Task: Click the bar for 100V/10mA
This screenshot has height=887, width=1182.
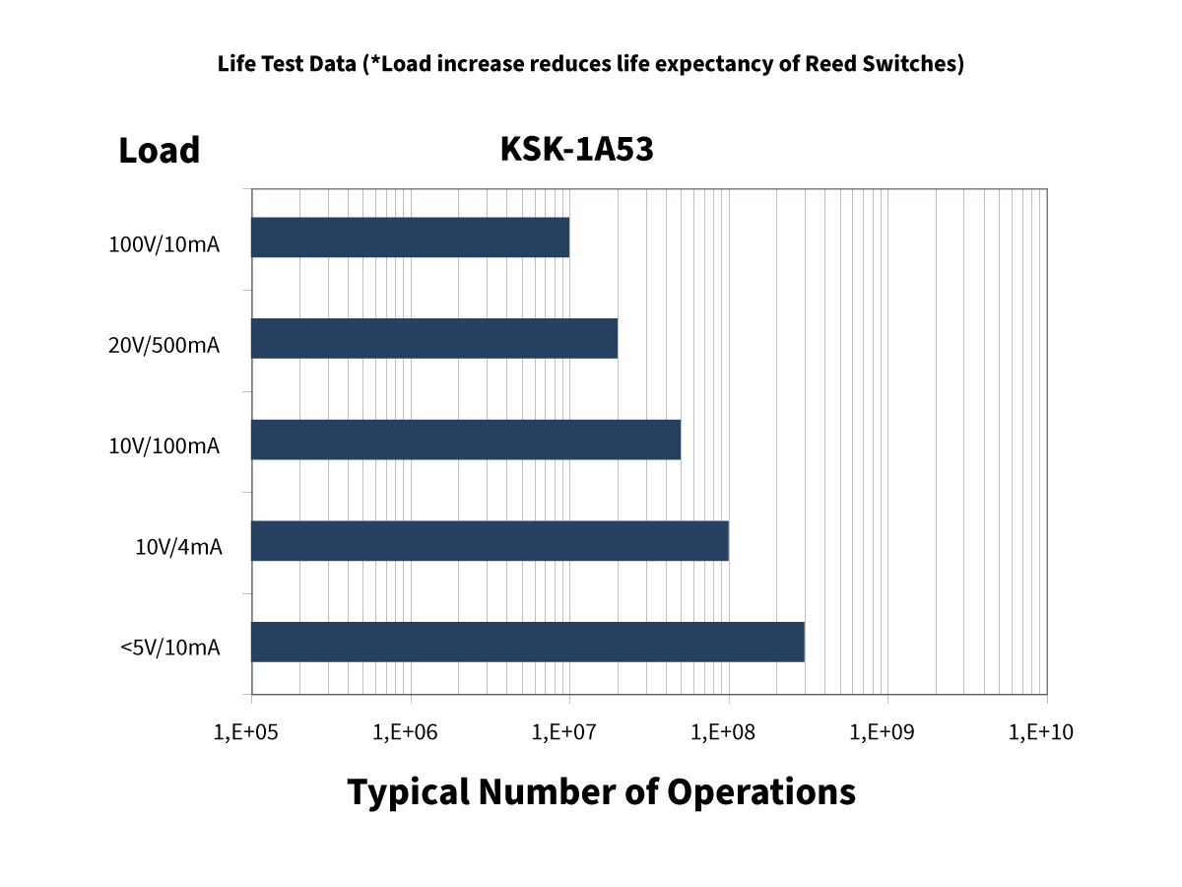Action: point(410,238)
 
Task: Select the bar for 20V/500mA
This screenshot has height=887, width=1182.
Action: point(434,338)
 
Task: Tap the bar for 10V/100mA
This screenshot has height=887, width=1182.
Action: point(466,440)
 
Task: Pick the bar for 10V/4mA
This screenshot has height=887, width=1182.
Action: point(490,541)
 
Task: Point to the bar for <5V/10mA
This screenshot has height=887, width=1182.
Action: point(528,642)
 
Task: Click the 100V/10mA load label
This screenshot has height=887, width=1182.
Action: point(164,245)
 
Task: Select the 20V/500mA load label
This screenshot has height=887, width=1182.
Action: point(164,346)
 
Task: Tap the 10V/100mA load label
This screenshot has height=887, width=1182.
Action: point(164,446)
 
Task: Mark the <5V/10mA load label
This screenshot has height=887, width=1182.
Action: point(169,648)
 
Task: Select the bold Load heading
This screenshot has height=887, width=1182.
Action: point(159,151)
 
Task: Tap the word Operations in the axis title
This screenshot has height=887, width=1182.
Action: point(760,791)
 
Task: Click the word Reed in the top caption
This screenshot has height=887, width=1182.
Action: point(829,65)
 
